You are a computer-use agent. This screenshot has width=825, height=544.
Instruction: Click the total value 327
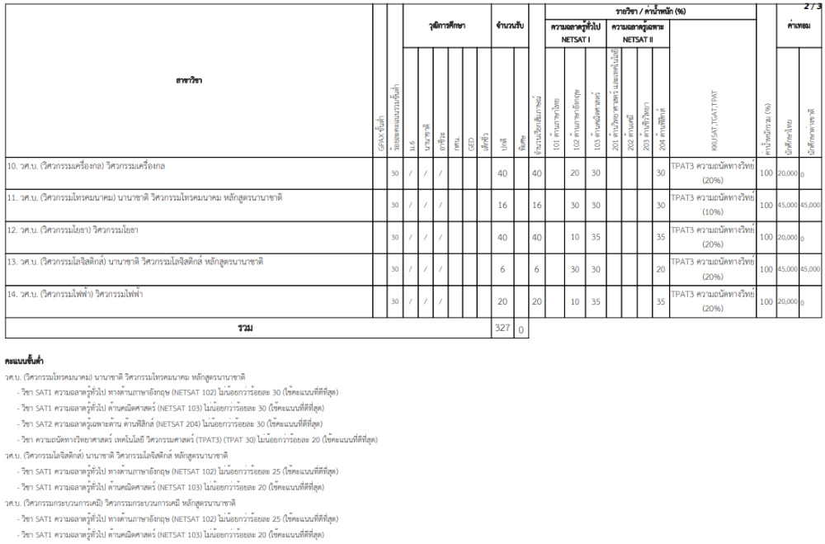point(502,329)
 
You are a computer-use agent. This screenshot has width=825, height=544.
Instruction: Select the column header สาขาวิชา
point(189,80)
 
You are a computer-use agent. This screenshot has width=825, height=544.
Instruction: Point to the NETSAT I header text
point(576,39)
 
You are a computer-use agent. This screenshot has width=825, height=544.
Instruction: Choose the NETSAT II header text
point(638,39)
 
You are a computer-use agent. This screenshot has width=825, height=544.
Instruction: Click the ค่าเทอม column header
point(799,26)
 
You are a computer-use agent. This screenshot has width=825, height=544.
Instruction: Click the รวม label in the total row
point(245,329)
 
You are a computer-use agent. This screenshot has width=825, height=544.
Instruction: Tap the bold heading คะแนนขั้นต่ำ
point(24,362)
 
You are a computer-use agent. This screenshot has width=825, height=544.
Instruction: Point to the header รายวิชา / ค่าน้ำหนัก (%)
point(651,10)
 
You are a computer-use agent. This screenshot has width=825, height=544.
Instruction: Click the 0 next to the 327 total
point(521,329)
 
